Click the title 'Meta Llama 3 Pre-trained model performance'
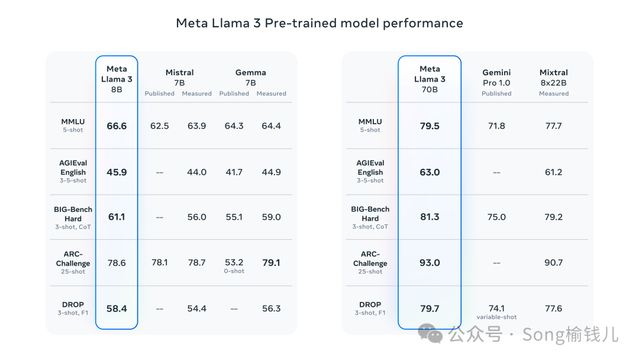[319, 23]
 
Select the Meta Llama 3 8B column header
[117, 79]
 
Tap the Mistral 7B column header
[179, 78]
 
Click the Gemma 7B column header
[251, 78]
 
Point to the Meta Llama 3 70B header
[430, 79]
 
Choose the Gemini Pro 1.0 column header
[496, 78]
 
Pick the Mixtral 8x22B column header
[553, 78]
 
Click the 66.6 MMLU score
[117, 126]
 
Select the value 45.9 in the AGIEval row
[117, 172]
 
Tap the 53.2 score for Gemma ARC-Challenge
[234, 262]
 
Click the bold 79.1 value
[271, 262]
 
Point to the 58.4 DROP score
[117, 308]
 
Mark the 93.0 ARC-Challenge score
[430, 262]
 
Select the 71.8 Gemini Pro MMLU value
[496, 126]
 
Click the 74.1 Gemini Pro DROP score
[496, 308]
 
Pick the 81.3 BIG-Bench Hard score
[430, 217]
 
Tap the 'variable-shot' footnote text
[496, 317]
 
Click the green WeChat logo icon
[430, 333]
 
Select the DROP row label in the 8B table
[73, 304]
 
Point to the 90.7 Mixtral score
[553, 262]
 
